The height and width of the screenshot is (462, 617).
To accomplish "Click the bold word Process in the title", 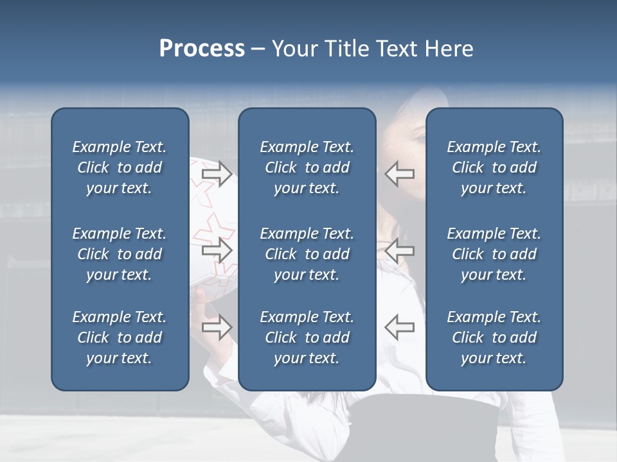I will tap(202, 49).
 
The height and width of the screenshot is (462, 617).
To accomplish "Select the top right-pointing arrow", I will tap(217, 174).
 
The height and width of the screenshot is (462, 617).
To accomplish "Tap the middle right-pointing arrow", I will tap(217, 250).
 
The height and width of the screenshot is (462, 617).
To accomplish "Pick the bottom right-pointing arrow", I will tap(217, 327).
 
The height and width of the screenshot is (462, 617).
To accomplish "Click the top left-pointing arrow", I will tap(399, 174).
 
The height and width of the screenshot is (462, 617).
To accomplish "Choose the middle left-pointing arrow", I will tap(399, 250).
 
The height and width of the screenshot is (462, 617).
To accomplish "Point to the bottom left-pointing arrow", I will tap(399, 327).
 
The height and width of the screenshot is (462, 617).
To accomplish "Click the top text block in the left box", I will tap(120, 167).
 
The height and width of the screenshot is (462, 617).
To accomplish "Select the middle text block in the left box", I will tap(120, 254).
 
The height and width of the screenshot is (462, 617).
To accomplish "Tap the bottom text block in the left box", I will tap(120, 338).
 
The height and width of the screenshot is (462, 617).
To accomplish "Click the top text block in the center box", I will tap(307, 167).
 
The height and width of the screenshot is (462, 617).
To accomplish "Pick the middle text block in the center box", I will tap(307, 254).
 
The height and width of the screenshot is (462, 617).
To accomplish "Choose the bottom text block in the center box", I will tap(307, 338).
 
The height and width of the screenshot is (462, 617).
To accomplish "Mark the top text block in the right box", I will tap(494, 167).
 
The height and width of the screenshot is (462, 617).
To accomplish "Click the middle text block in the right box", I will tap(494, 254).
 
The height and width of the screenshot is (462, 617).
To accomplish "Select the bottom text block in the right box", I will tap(494, 338).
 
